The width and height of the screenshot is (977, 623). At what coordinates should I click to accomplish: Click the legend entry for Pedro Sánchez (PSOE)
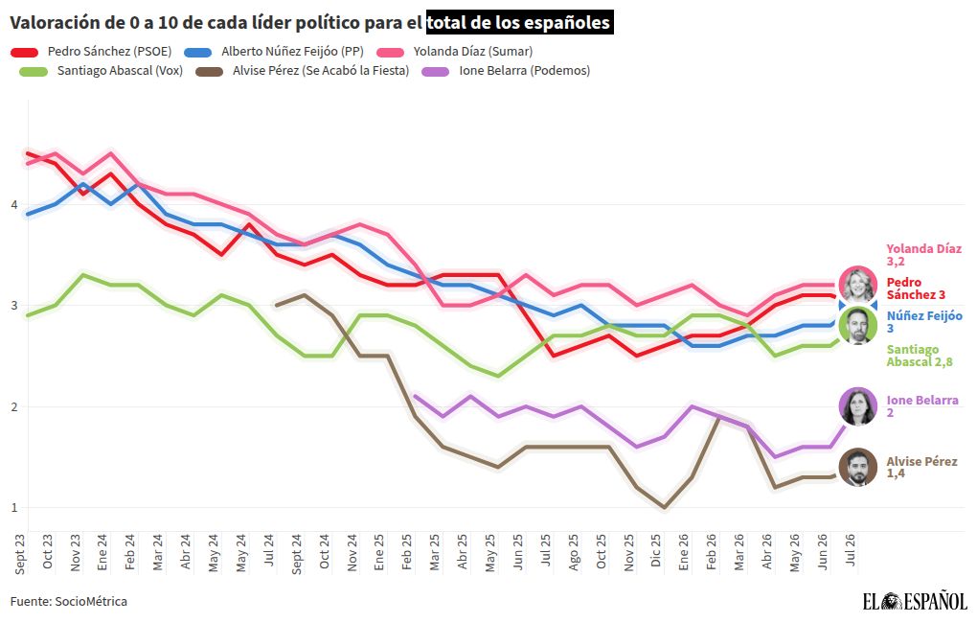91,52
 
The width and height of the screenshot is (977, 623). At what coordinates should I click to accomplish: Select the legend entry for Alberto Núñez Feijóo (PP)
274,52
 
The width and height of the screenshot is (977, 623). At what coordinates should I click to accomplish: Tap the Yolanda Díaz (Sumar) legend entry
455,52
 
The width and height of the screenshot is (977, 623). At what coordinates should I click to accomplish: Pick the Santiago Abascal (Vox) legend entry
102,71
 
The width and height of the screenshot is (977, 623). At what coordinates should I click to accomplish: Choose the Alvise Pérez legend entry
303,71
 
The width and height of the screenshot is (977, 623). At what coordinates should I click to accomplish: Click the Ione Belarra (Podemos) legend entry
506,71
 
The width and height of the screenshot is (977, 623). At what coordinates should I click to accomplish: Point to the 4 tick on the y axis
14,204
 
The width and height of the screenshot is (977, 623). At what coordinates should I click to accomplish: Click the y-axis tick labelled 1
14,508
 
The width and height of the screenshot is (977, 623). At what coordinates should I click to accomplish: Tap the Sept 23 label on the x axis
20,554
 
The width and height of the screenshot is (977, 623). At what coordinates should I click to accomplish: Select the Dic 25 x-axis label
656,550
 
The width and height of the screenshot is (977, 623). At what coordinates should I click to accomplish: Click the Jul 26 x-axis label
850,549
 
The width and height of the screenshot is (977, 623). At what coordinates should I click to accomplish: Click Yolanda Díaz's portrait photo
857,285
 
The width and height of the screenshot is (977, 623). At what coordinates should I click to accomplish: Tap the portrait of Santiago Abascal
857,326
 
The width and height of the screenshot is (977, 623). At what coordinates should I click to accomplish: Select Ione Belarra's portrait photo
857,406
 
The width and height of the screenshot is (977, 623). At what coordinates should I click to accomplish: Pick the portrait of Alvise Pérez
857,467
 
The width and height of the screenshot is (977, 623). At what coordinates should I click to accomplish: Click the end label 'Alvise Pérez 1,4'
921,467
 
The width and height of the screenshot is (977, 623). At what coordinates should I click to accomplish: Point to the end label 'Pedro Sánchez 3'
916,288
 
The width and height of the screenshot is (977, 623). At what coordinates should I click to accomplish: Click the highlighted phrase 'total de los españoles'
520,22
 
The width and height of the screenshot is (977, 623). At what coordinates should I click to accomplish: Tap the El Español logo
915,601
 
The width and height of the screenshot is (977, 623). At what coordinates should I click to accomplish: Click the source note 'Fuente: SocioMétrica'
69,601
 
